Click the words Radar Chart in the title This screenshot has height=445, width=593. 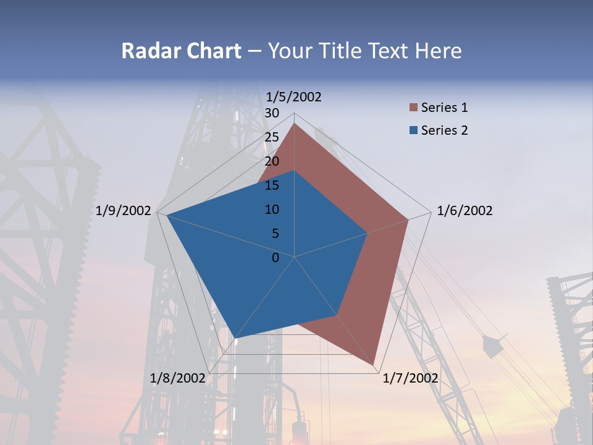click(181, 51)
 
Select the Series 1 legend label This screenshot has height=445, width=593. click(444, 108)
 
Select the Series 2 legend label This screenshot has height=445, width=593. click(444, 130)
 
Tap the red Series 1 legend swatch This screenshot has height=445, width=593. click(413, 108)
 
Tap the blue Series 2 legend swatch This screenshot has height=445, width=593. click(413, 131)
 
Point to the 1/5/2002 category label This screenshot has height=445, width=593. click(294, 96)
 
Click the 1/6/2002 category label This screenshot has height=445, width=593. click(465, 211)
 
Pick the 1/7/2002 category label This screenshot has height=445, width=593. click(411, 378)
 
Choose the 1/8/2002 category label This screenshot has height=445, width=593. click(177, 378)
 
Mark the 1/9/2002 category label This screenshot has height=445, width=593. click(124, 211)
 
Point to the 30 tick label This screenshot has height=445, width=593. click(272, 113)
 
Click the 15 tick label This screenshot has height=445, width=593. click(272, 185)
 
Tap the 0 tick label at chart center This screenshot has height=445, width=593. click(275, 258)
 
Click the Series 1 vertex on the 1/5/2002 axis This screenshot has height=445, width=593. click(294, 124)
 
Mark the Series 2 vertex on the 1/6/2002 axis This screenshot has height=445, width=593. click(368, 233)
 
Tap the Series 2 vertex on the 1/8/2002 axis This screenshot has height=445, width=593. click(235, 337)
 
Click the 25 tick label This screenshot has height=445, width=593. click(272, 137)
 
